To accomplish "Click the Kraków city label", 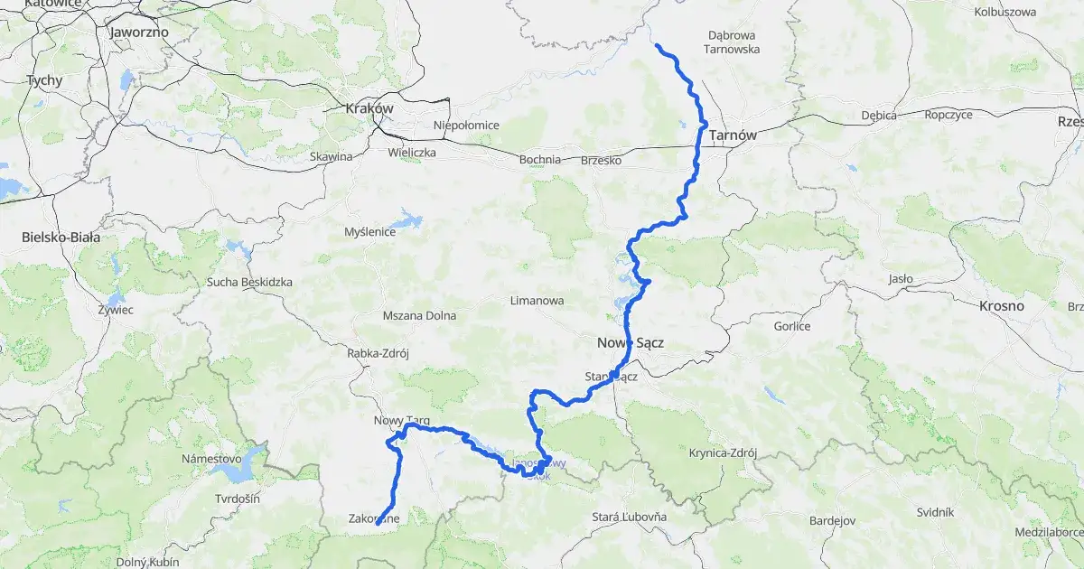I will (x=369, y=108).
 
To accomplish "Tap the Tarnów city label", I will (x=733, y=135).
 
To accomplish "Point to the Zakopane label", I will (x=374, y=518).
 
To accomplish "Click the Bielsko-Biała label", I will (x=61, y=238).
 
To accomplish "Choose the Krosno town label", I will (x=1001, y=306).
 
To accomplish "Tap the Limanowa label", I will (x=537, y=300).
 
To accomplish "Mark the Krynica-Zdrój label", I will (x=722, y=452).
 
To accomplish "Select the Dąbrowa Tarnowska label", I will (x=734, y=42).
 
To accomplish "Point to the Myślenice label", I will (x=370, y=232).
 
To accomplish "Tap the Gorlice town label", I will (x=792, y=326).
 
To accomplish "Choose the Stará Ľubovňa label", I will (x=629, y=516).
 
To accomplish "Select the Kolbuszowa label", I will (x=1005, y=12).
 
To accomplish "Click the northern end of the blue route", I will (x=656, y=45).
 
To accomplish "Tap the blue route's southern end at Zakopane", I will (x=378, y=523).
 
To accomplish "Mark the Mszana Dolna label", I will (x=419, y=316).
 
